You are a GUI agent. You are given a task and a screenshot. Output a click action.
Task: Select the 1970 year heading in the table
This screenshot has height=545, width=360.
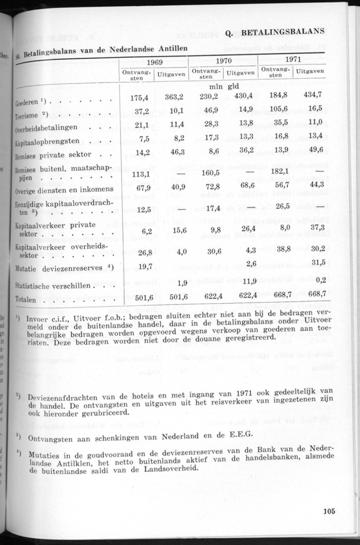click(x=223, y=60)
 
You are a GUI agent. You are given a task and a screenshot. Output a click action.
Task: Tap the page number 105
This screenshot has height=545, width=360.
click(x=330, y=512)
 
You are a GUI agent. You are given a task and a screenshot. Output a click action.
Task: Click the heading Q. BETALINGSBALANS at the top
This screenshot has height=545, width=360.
click(x=275, y=33)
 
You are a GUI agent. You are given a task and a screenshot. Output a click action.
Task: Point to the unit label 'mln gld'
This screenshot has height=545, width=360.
click(x=223, y=86)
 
